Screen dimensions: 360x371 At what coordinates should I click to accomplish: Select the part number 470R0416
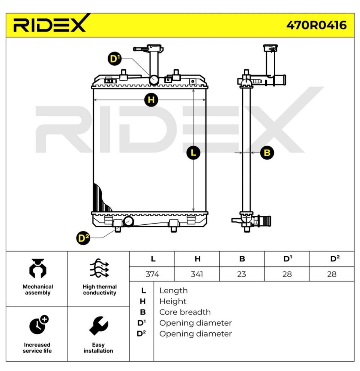(x=316, y=25)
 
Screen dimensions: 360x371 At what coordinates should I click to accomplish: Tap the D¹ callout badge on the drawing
(x=114, y=59)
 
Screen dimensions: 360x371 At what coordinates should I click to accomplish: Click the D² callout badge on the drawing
(x=83, y=238)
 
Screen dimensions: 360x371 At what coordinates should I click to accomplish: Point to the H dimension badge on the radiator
(x=151, y=100)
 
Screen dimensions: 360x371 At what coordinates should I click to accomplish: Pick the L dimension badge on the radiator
(x=193, y=152)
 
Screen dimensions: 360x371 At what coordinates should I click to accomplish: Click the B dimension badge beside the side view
(x=267, y=153)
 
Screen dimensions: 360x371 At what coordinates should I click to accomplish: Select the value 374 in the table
(x=152, y=274)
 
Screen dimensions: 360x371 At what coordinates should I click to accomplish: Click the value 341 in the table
(x=197, y=274)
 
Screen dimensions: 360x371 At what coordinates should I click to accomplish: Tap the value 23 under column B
(x=241, y=274)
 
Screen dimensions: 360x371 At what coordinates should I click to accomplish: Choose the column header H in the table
(x=198, y=259)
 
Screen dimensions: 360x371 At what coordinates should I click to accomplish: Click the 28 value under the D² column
(x=331, y=274)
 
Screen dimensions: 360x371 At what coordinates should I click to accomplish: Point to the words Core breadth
(x=185, y=312)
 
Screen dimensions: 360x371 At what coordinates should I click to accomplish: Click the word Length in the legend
(x=173, y=291)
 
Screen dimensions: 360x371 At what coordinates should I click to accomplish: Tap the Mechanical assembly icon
(x=37, y=268)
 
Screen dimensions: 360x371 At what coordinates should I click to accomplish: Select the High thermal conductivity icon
(x=99, y=268)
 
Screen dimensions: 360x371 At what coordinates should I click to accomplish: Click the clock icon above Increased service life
(x=39, y=324)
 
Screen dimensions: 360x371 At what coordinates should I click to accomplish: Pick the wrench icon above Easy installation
(x=99, y=326)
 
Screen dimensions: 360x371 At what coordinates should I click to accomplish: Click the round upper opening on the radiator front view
(x=154, y=80)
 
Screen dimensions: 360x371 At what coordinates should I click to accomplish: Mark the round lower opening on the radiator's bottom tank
(x=128, y=221)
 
